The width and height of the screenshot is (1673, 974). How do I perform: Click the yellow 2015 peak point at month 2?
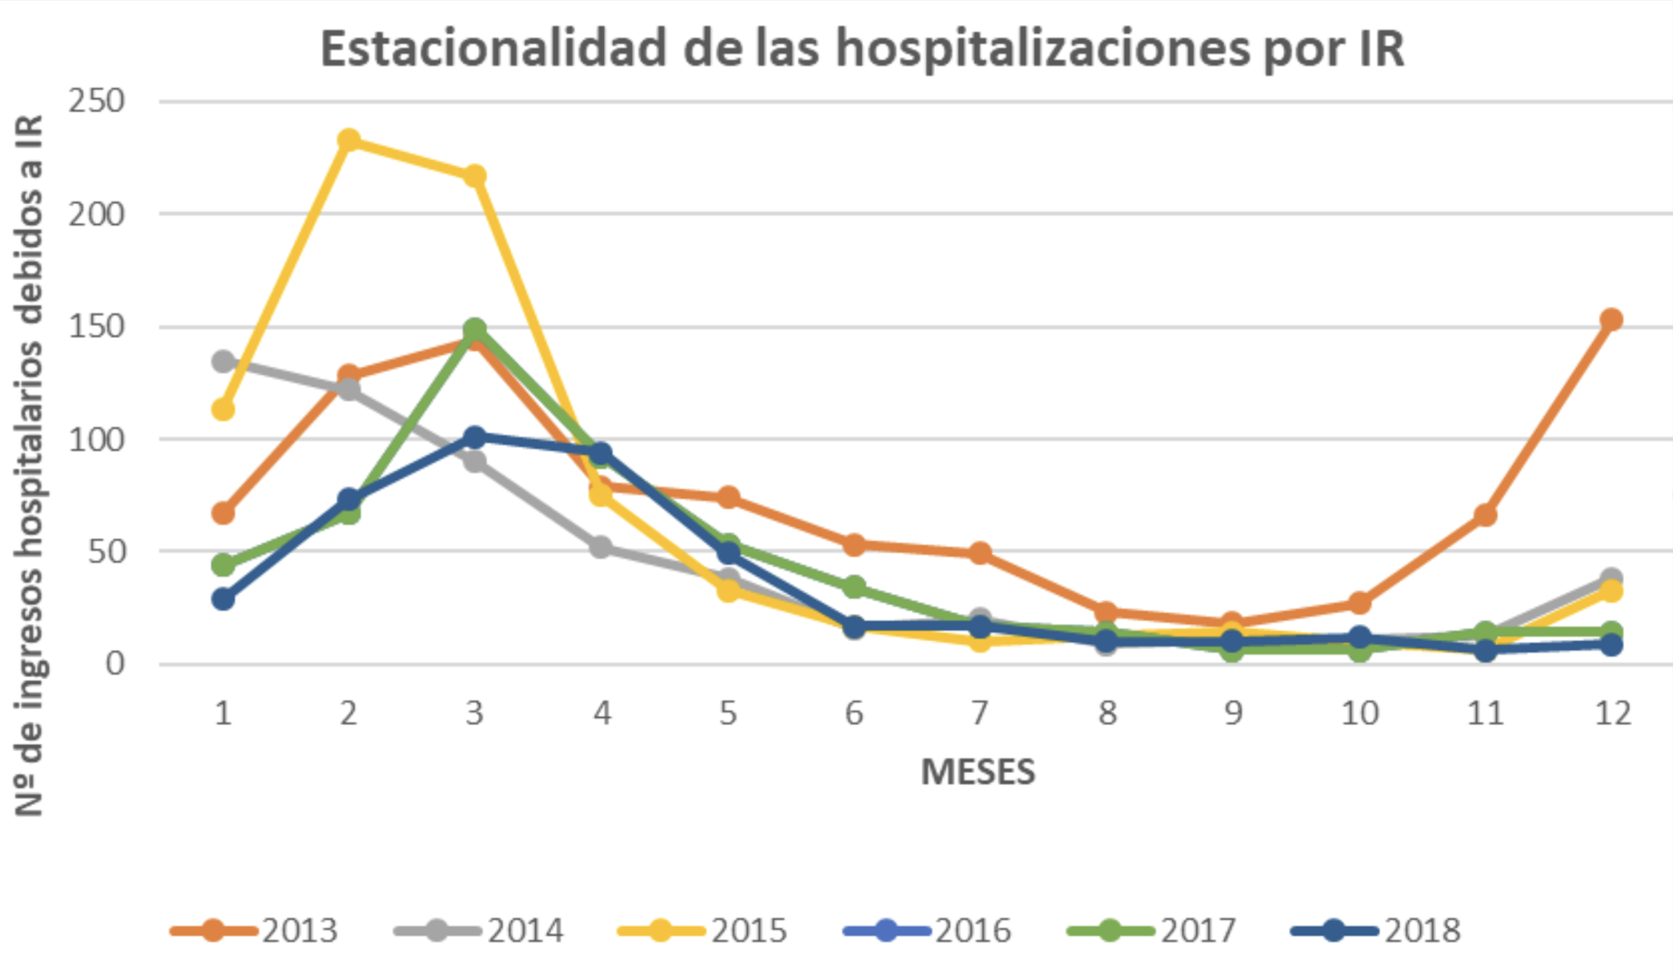click(x=349, y=140)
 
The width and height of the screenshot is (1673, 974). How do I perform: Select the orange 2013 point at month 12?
click(x=1611, y=320)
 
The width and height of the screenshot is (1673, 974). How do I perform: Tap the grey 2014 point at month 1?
click(x=223, y=361)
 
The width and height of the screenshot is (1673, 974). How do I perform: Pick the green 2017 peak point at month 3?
click(x=475, y=329)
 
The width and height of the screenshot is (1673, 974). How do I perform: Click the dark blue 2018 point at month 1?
click(x=223, y=599)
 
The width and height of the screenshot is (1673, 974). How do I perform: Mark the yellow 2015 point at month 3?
click(x=475, y=176)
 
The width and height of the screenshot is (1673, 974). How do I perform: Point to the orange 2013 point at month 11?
click(x=1486, y=516)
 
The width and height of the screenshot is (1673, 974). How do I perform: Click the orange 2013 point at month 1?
click(x=223, y=513)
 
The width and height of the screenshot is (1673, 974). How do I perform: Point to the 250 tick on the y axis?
click(x=97, y=101)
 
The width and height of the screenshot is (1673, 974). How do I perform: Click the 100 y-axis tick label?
click(x=97, y=439)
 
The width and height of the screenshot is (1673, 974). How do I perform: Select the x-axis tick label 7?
click(x=980, y=714)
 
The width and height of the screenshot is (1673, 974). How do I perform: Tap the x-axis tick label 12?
click(x=1611, y=714)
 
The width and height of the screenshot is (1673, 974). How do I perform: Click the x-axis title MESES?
click(x=978, y=772)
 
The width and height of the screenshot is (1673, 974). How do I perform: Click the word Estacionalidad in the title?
click(x=493, y=49)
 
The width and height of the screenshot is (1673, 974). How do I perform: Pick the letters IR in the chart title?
click(x=1381, y=49)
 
